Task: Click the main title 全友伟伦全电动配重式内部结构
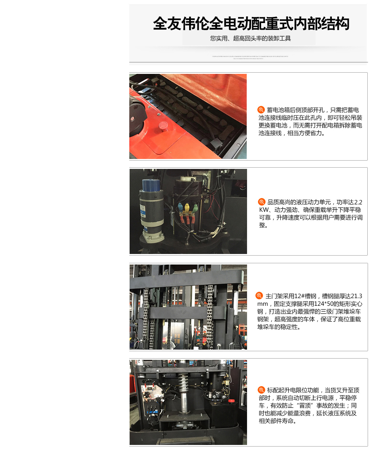pos(251,24)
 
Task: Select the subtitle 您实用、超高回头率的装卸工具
pos(250,38)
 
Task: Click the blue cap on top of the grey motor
pos(151,185)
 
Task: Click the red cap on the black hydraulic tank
pos(231,400)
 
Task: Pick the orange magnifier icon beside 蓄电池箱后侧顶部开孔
pos(261,110)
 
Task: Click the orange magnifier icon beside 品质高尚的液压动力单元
pos(262,202)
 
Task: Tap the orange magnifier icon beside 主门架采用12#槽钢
pos(259,296)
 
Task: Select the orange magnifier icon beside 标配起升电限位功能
pos(261,390)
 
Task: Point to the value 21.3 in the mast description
pos(356,296)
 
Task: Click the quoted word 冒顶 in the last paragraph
pos(305,406)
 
